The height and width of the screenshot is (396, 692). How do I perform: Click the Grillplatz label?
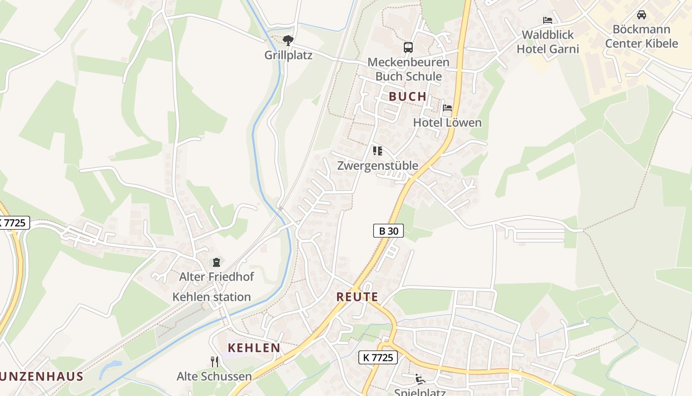[288, 55]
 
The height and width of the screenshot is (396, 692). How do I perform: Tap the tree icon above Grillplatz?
[288, 40]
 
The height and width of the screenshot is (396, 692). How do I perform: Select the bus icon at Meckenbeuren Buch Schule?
[408, 48]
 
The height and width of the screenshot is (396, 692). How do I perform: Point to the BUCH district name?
[407, 97]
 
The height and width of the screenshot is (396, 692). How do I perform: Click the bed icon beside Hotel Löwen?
[447, 108]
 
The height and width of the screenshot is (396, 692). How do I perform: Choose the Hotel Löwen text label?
[447, 122]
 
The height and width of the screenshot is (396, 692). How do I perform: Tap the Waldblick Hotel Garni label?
[548, 42]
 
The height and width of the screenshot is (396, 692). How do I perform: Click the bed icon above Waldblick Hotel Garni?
[548, 20]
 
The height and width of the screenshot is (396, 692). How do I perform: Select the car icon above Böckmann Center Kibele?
[642, 15]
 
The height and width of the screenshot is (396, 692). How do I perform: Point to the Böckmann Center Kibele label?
[642, 36]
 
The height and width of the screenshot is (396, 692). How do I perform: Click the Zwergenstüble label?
[378, 165]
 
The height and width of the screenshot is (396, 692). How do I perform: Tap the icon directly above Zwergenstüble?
[378, 151]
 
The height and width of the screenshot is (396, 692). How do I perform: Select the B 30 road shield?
[388, 231]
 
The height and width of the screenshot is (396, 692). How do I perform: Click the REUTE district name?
[357, 297]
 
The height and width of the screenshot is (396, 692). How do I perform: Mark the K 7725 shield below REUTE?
[378, 357]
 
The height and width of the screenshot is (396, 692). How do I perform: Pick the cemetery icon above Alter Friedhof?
[216, 262]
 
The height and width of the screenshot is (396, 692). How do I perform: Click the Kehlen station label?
[211, 297]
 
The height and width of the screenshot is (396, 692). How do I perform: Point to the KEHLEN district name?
[254, 348]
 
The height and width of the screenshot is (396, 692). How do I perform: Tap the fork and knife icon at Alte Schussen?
[215, 362]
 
